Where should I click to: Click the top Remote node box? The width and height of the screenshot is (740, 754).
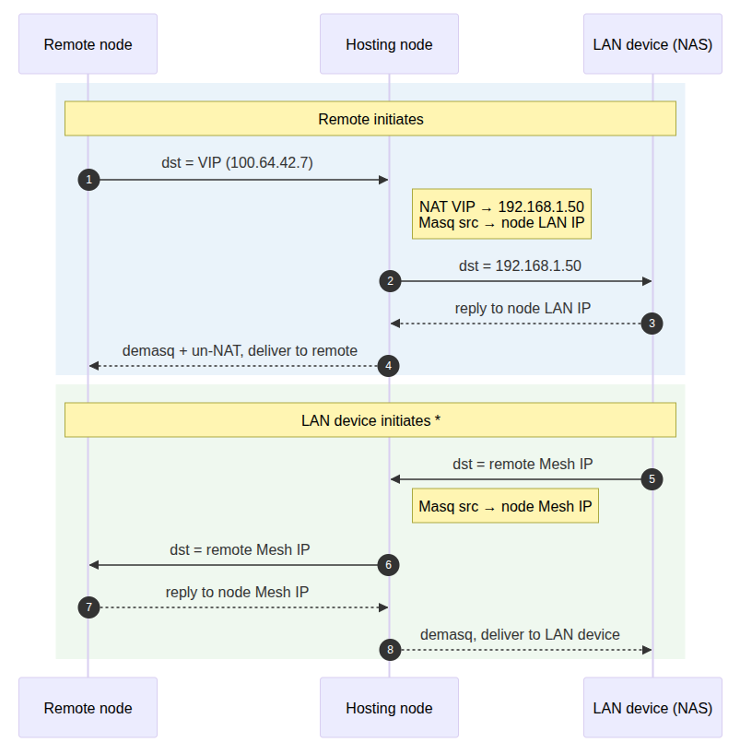coord(88,44)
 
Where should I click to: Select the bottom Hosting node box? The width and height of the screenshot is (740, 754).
coord(389,708)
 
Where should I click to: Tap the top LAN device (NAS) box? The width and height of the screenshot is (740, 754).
coord(652,44)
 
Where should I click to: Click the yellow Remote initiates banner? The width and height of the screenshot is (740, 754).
coord(370,119)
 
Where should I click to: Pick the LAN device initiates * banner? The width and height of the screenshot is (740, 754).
coord(370,420)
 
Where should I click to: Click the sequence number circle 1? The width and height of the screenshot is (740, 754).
coord(88,180)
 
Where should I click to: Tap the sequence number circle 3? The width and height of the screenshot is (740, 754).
coord(652,324)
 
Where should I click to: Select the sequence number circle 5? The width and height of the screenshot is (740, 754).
coord(652,479)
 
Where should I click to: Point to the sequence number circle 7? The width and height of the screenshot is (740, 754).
coord(88,607)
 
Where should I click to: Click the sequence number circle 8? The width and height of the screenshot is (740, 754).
coord(390,650)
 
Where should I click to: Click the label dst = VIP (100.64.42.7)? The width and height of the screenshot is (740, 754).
coord(238,163)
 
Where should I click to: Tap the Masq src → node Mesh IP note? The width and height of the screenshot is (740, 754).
coord(505,506)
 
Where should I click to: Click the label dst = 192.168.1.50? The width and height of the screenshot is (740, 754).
coord(520,265)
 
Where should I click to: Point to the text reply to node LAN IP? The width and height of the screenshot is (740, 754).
coord(523,308)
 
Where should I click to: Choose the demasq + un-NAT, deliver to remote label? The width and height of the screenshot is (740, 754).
coord(240,350)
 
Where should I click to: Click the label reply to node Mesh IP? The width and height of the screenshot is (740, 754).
coord(237,592)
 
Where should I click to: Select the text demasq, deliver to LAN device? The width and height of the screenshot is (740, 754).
coord(520,634)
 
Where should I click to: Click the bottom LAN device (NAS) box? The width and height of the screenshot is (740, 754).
coord(652,708)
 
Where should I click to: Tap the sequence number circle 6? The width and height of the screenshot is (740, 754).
coord(389,564)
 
